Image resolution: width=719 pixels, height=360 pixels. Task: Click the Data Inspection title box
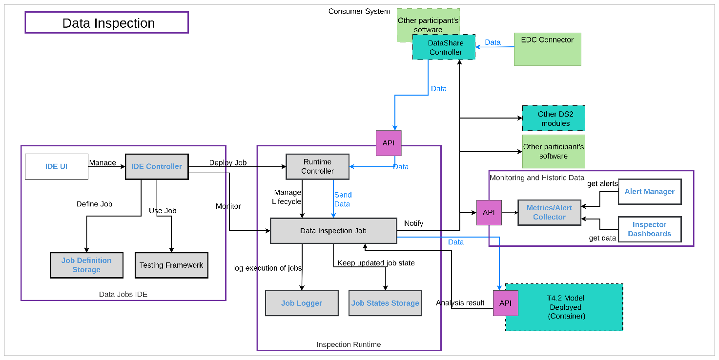(106, 23)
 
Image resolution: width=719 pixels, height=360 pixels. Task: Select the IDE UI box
(57, 166)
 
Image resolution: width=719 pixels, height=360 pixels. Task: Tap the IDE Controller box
(157, 166)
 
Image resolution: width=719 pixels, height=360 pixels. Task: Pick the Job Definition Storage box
(86, 265)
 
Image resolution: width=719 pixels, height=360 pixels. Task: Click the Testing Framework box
(171, 265)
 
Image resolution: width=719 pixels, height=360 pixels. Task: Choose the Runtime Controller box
(317, 166)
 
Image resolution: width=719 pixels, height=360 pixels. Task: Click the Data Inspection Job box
(333, 231)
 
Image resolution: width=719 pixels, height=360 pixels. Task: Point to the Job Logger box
(302, 303)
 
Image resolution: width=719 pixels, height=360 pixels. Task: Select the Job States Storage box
(385, 303)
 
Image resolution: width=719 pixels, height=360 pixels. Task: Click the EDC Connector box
(547, 49)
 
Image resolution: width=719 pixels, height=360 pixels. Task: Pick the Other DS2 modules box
(554, 119)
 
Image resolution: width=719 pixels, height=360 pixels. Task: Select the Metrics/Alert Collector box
(549, 212)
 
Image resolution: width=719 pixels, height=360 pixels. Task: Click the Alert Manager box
(649, 192)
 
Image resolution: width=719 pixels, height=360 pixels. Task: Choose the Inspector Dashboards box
(649, 229)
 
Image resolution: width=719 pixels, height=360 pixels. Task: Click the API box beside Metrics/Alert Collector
(489, 212)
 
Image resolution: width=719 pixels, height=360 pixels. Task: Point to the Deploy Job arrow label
(228, 162)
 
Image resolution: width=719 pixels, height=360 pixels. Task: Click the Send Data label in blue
(343, 199)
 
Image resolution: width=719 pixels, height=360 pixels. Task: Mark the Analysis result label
(460, 303)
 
